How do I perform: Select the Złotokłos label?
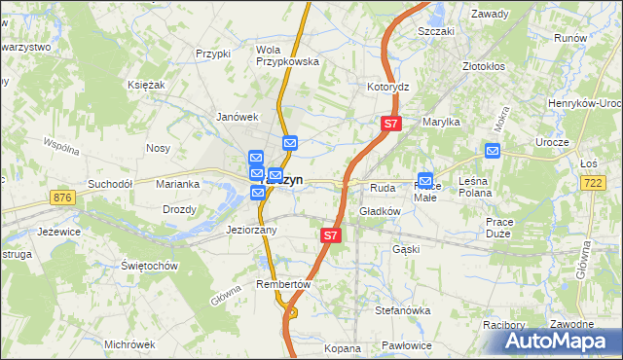(486, 67)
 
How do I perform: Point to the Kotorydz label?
(387, 87)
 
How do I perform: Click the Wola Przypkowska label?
(287, 54)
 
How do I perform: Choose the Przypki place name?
(212, 54)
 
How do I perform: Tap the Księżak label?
(146, 85)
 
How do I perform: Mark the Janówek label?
(236, 117)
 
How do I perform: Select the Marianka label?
(178, 183)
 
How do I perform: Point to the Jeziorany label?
(251, 231)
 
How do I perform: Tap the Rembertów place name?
(282, 284)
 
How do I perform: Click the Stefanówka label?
(403, 310)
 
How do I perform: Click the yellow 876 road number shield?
(64, 198)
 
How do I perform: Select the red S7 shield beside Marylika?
(390, 124)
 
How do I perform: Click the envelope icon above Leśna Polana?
(493, 151)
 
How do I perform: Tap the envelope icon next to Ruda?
(425, 180)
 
